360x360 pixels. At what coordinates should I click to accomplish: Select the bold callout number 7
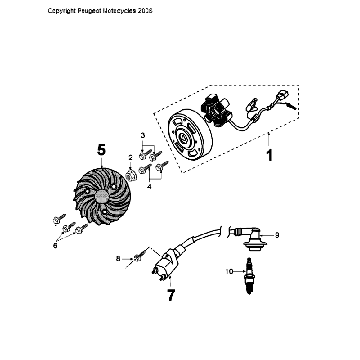tap(171, 296)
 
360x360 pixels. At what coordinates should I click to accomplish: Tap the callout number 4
tap(151, 185)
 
